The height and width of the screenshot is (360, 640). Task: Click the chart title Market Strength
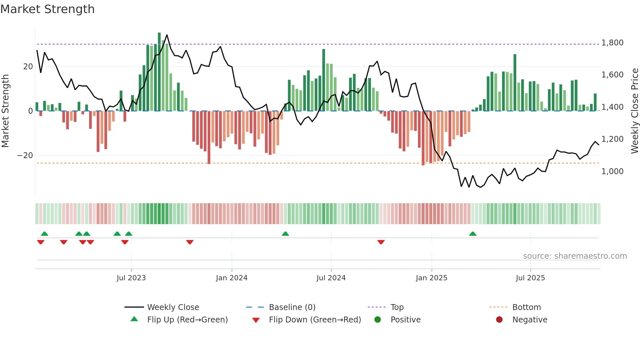[x=47, y=9]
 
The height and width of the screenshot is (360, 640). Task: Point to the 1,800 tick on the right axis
[x=612, y=43]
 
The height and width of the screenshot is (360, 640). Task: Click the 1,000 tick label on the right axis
[x=612, y=171]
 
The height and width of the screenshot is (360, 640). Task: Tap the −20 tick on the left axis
[x=25, y=155]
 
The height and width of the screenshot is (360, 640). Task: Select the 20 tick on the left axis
[x=28, y=67]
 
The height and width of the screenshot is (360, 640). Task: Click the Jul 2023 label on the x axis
[x=131, y=278]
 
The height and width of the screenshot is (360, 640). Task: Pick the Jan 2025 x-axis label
[x=431, y=278]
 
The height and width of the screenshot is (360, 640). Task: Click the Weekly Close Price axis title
[x=634, y=111]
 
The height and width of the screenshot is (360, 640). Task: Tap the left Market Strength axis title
[x=6, y=111]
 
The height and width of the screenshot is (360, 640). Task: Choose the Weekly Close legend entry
[x=173, y=307]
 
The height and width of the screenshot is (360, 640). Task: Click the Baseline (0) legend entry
[x=292, y=307]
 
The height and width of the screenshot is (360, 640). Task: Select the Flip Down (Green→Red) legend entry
[x=315, y=320]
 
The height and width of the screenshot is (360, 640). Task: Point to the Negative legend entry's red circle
[x=499, y=320]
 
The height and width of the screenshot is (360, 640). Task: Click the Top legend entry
[x=397, y=307]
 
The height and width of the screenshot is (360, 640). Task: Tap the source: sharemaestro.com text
[x=575, y=256]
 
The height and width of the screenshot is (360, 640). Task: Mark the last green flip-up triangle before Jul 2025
[x=472, y=234]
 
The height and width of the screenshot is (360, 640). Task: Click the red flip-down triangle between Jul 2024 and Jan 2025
[x=381, y=242]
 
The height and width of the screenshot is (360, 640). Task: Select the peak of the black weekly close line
[x=167, y=35]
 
